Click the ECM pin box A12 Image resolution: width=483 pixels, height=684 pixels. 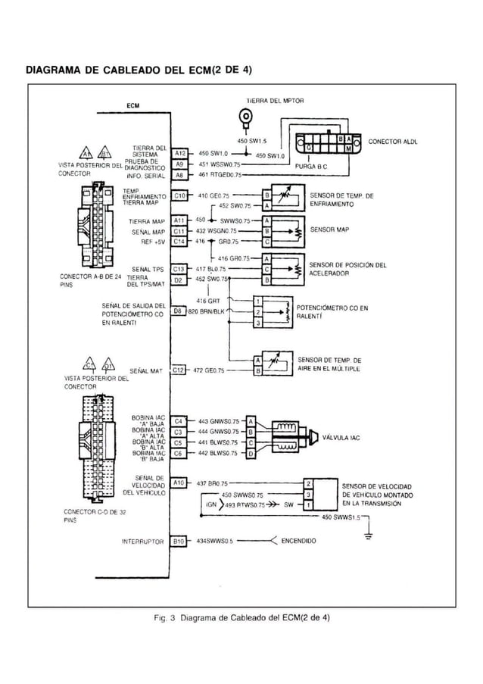179,152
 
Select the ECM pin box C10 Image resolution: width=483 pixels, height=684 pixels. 179,195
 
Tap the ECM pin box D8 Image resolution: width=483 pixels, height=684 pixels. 179,311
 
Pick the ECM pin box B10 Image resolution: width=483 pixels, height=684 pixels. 179,542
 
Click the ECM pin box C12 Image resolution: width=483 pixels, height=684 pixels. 179,370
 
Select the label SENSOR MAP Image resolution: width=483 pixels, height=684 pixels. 329,228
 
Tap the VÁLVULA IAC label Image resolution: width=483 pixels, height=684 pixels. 340,436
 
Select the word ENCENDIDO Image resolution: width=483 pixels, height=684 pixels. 298,542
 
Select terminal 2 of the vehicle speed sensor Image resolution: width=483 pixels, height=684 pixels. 308,483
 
